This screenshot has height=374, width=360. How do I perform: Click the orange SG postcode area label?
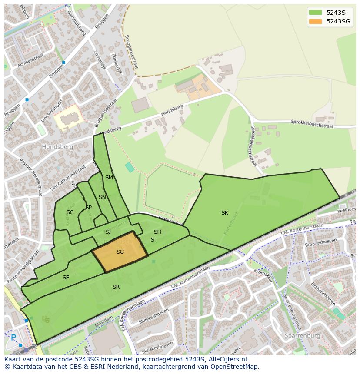pos(120,252)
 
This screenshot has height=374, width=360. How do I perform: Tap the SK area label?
pos(224,213)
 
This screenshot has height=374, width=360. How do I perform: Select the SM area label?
pos(109,178)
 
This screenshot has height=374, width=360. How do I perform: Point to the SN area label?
pos(102,197)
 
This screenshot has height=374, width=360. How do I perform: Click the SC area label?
pos(70,212)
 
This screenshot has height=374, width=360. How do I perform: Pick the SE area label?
pos(66,278)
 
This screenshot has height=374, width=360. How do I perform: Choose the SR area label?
pos(116,287)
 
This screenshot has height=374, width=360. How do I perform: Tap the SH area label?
pos(157,232)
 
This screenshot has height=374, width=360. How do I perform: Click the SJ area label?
pos(108,232)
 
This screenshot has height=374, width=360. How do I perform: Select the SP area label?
pos(88,208)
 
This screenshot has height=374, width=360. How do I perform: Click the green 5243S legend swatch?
pos(315,13)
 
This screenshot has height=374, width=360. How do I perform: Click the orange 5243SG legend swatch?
pos(315,21)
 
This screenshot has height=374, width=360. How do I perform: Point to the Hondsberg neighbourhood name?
pos(57,147)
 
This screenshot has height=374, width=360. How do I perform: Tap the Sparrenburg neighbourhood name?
pos(302,336)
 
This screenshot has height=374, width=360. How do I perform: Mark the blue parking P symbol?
pos(13,337)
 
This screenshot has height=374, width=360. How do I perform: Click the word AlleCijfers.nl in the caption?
pos(228,359)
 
